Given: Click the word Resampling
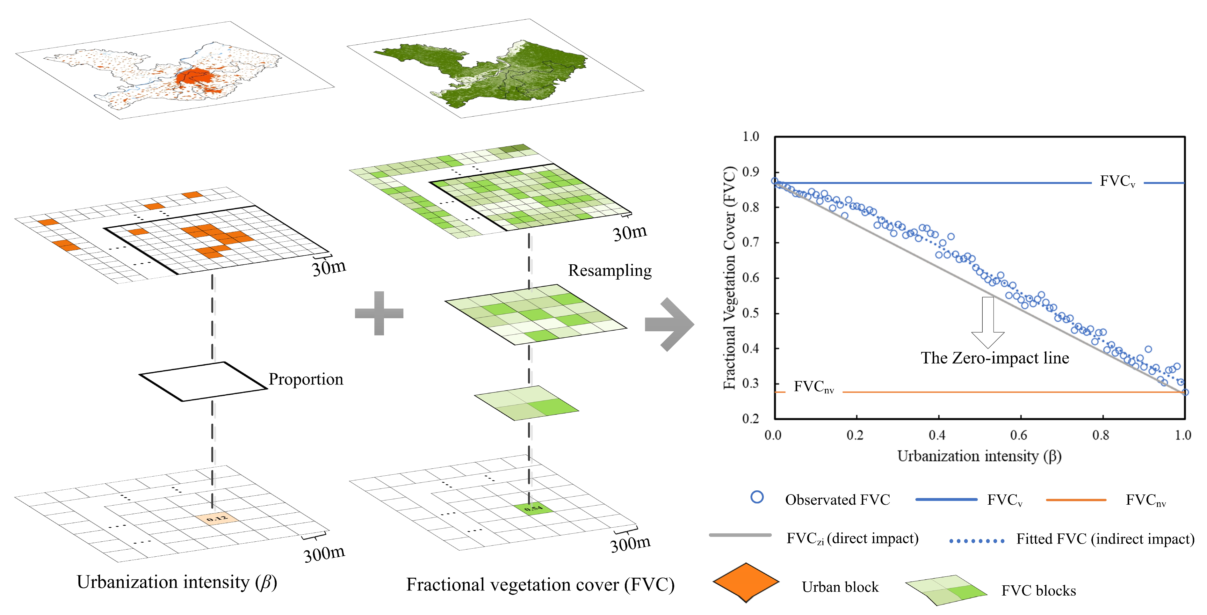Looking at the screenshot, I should tap(610, 270).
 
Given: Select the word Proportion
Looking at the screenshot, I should tap(306, 379).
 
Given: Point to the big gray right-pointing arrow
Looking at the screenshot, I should tap(669, 324).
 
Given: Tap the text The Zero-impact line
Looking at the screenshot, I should tap(995, 358).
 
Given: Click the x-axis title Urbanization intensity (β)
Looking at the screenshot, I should tap(979, 456).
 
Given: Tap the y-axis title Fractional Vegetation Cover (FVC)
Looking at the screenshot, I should tap(730, 277).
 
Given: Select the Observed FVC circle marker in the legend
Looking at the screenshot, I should tap(757, 497).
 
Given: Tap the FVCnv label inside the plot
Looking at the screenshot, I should tap(813, 387).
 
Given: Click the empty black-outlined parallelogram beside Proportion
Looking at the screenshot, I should tap(203, 381).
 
